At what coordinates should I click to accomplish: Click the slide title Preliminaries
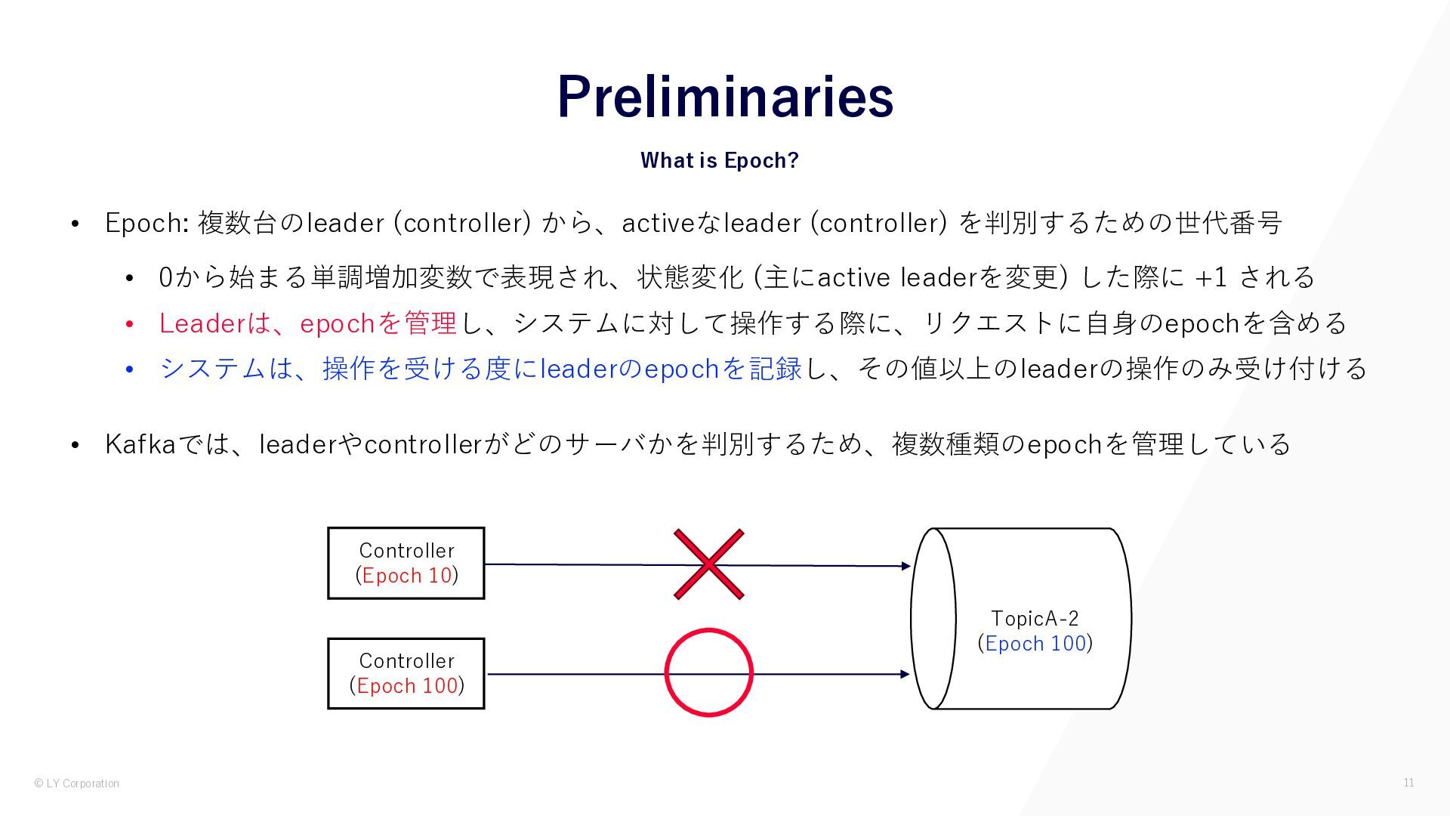tap(725, 96)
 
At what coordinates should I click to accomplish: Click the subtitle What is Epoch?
tap(719, 160)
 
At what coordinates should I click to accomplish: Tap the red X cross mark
tap(708, 564)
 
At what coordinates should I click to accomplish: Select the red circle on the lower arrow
tap(708, 672)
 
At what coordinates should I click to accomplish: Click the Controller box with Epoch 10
tap(406, 563)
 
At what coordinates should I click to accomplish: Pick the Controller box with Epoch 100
tap(406, 673)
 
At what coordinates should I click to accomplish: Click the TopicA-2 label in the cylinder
tap(1035, 619)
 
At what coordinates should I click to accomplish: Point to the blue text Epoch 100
tap(1035, 644)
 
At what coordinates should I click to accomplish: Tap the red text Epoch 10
tap(407, 576)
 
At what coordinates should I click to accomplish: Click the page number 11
tap(1408, 783)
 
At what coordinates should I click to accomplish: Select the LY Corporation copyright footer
tap(76, 784)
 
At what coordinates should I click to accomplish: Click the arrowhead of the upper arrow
tap(905, 566)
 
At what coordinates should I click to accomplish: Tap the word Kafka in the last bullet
tap(140, 444)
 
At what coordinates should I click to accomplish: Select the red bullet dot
tap(130, 324)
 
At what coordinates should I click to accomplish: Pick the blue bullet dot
tap(130, 369)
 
